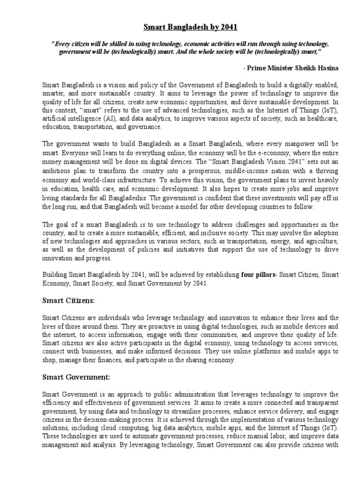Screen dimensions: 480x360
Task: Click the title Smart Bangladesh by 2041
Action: pyautogui.click(x=180, y=28)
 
